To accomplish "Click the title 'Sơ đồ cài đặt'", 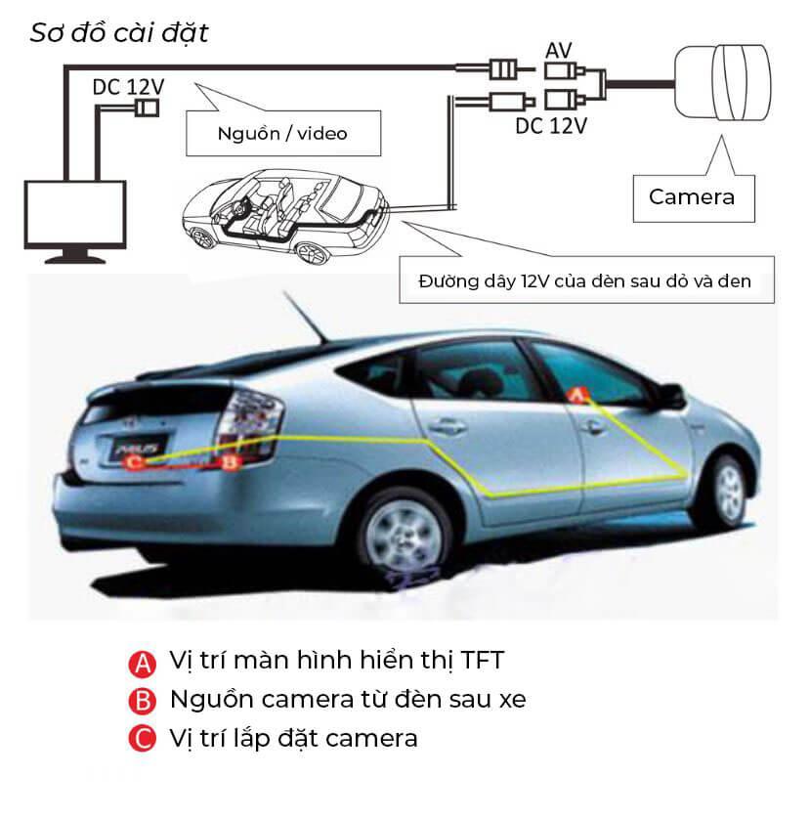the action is pyautogui.click(x=119, y=33).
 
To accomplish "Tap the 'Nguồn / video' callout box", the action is pyautogui.click(x=283, y=133).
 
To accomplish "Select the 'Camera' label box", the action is pyautogui.click(x=693, y=198).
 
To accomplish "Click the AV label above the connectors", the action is pyautogui.click(x=559, y=51).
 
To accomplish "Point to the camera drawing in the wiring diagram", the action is pyautogui.click(x=723, y=82).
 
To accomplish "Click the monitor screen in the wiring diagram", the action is pyautogui.click(x=75, y=214).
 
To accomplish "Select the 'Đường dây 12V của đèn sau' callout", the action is pyautogui.click(x=586, y=280).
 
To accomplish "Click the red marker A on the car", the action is pyautogui.click(x=577, y=395).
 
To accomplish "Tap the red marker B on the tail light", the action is pyautogui.click(x=230, y=461).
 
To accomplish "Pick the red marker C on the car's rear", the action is pyautogui.click(x=134, y=462).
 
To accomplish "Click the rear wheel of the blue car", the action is pyautogui.click(x=404, y=538).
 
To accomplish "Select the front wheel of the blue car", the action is pyautogui.click(x=728, y=491).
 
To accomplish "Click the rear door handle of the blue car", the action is pyautogui.click(x=447, y=425).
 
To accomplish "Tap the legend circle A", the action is pyautogui.click(x=143, y=664).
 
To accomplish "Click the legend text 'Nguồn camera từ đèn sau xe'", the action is pyautogui.click(x=348, y=700).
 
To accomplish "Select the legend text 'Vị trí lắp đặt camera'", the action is pyautogui.click(x=294, y=739).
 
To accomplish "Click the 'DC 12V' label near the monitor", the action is pyautogui.click(x=128, y=87).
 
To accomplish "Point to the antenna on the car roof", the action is pyautogui.click(x=305, y=317).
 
